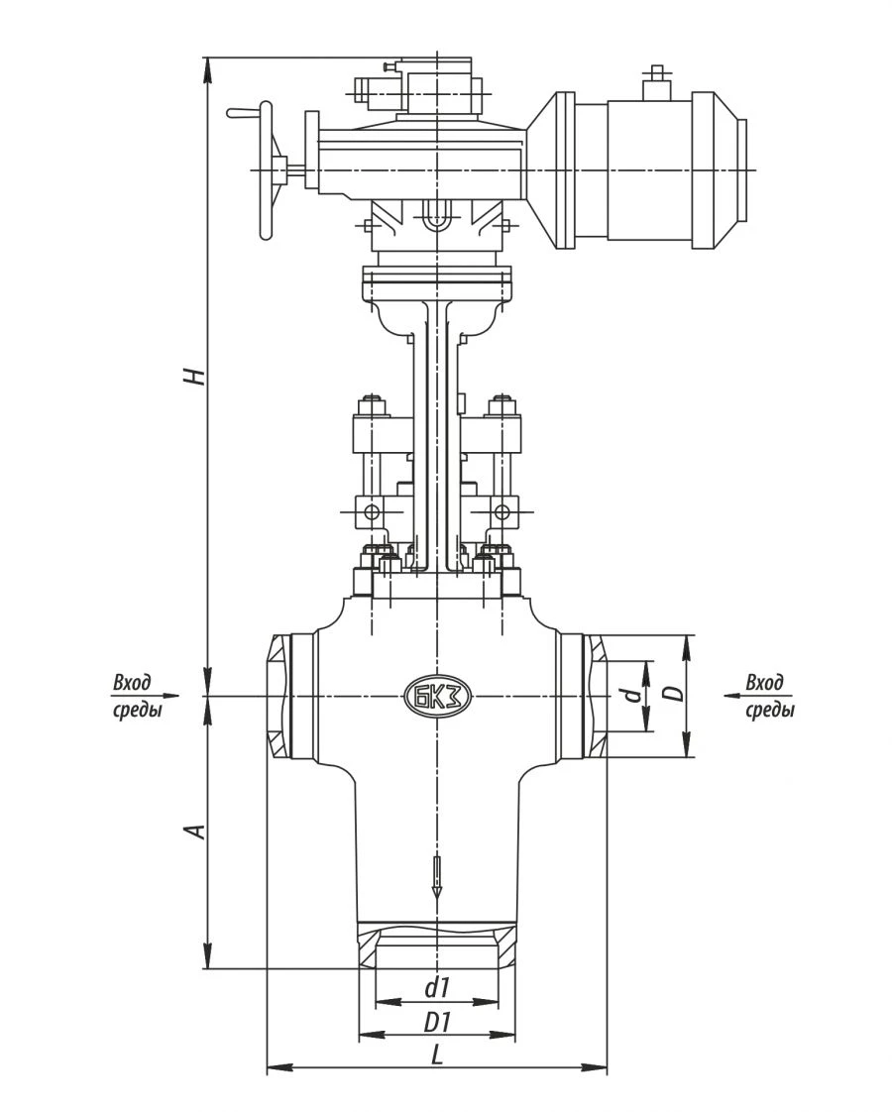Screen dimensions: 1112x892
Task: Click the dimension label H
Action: (196, 376)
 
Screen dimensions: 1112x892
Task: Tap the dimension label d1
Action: (437, 988)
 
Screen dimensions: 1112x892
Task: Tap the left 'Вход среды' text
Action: (135, 697)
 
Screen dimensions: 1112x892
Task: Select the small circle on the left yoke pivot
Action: (372, 512)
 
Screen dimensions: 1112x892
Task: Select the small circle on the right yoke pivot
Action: (502, 512)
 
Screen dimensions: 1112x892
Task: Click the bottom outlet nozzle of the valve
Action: (437, 945)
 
